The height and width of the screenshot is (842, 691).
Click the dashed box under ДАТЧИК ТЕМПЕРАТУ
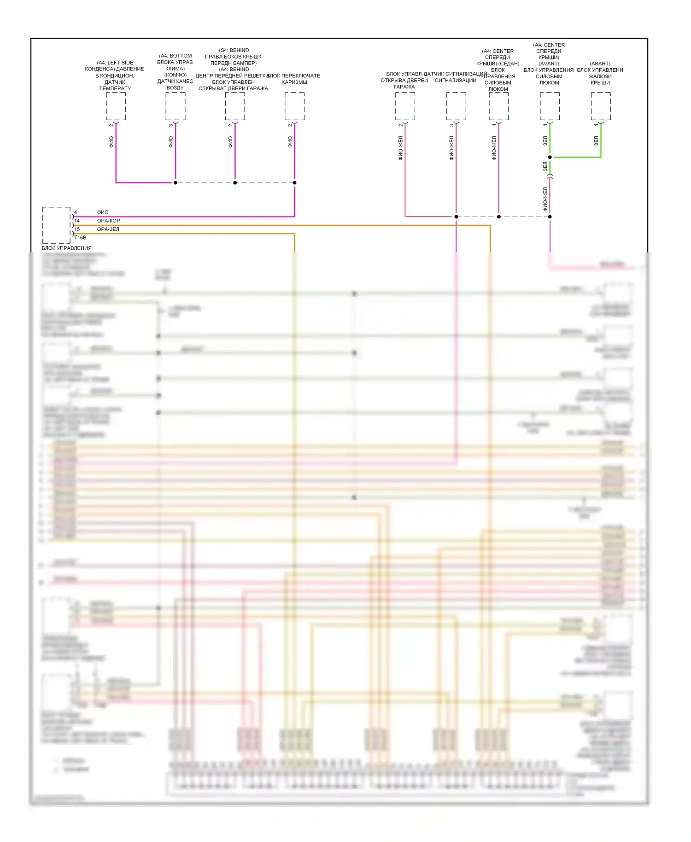tap(116, 106)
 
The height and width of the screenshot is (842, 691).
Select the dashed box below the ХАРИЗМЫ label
tap(294, 106)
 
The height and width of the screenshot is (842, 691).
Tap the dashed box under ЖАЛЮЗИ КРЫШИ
tap(601, 106)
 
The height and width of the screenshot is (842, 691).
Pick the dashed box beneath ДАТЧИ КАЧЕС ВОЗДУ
tap(176, 106)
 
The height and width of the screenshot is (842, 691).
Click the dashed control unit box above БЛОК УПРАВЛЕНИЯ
tap(56, 225)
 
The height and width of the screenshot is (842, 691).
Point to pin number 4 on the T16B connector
tap(76, 212)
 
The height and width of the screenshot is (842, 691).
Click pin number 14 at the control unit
tap(77, 221)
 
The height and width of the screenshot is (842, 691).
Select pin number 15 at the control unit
tap(77, 229)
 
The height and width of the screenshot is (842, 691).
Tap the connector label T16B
tap(80, 238)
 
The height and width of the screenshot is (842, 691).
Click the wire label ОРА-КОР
tap(108, 221)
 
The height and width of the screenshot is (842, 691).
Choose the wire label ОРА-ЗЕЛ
tap(108, 229)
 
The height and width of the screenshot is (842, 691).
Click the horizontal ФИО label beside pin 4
tap(102, 212)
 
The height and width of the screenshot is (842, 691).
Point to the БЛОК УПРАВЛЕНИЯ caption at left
tap(66, 248)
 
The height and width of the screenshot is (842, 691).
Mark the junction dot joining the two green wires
tap(550, 157)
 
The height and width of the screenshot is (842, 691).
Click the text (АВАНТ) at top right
tap(600, 64)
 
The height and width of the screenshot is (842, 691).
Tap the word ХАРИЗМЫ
tap(294, 82)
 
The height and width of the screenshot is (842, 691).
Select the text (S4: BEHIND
tap(234, 50)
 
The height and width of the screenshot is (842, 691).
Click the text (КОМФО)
tap(175, 75)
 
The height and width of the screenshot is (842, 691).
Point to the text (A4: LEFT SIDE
tap(115, 63)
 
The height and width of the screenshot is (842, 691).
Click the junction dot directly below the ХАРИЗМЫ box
tap(294, 183)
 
